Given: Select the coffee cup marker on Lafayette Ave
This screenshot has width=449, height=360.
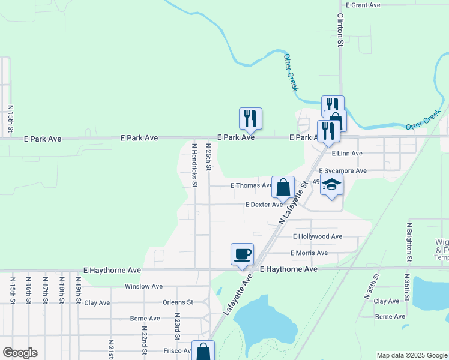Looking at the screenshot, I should point(242,254).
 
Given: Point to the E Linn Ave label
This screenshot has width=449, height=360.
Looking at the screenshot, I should point(346,154).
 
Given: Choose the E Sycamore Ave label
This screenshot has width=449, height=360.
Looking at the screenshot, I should point(343,171).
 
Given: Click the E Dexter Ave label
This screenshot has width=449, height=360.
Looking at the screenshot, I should point(264,205).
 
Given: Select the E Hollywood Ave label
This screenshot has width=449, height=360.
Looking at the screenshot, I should point(318,236).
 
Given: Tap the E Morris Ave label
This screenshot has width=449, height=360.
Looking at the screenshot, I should point(309,253).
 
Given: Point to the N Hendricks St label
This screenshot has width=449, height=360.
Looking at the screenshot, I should point(194,164).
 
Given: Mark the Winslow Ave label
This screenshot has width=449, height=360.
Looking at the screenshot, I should point(143,287).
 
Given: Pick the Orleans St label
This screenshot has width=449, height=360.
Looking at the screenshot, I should point(178,302).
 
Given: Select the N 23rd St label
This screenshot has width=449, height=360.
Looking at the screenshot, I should point(178,323).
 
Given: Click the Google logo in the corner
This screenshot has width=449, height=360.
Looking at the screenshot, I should point(20,353).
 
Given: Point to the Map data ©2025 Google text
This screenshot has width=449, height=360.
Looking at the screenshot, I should point(412,355).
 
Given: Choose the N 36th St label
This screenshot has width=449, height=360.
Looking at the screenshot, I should point(406,286).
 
